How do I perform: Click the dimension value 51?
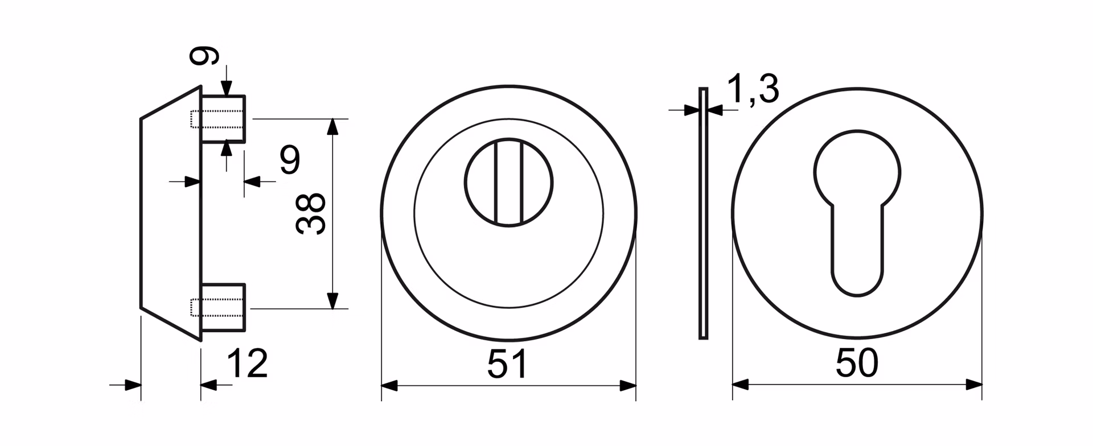(508, 364)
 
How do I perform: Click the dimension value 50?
(857, 364)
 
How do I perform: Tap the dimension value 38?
(311, 213)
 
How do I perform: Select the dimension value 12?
(247, 364)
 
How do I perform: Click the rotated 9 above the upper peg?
(204, 56)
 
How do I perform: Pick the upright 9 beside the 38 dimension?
(290, 160)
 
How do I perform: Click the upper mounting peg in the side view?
(223, 119)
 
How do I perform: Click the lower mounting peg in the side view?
(223, 307)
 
